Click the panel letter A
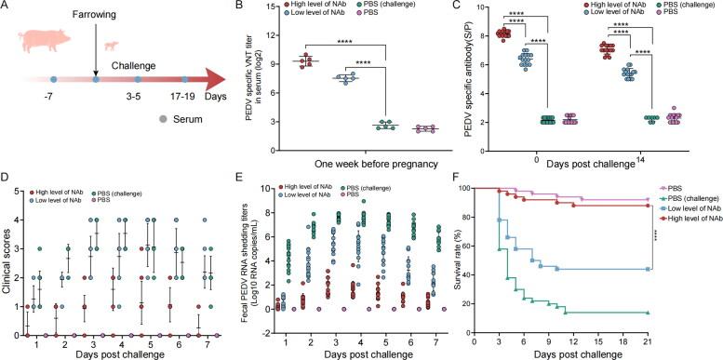(7, 8)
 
